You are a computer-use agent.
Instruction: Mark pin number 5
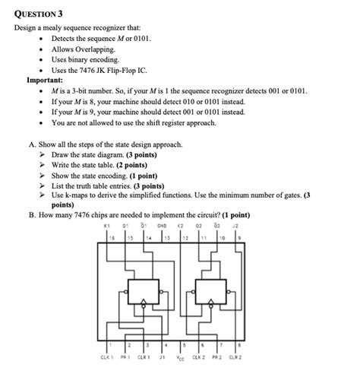point(182,344)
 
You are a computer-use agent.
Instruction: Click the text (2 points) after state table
point(132,164)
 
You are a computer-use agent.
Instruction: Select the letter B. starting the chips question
point(32,214)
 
